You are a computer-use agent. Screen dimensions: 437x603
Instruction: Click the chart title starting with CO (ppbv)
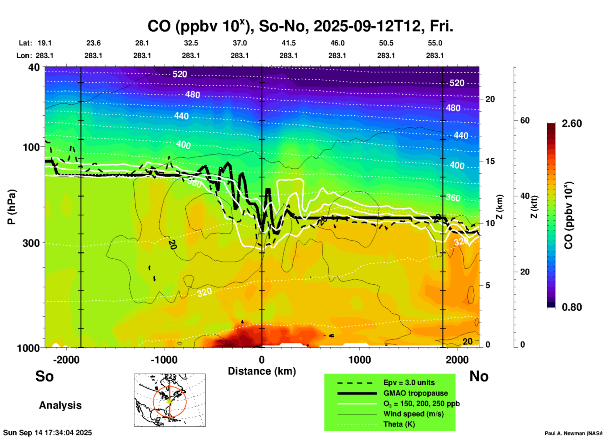[x=300, y=26]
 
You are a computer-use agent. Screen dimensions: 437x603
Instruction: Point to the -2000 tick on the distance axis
[x=66, y=360]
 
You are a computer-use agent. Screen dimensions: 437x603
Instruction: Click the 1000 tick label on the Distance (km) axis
[x=359, y=360]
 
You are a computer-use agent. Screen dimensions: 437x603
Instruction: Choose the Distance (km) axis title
[x=262, y=371]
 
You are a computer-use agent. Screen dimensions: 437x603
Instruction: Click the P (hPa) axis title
[x=12, y=207]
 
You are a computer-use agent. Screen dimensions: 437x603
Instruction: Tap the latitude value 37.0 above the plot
[x=240, y=43]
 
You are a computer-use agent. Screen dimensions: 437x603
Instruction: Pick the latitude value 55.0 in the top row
[x=435, y=43]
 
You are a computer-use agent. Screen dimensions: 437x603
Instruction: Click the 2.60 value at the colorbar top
[x=572, y=124]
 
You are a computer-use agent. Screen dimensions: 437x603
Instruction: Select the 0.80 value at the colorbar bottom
[x=572, y=307]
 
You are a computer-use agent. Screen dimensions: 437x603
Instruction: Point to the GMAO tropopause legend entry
[x=415, y=393]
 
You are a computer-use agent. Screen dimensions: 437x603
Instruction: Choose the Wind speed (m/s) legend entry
[x=413, y=414]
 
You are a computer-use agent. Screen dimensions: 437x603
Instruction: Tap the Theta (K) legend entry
[x=399, y=424]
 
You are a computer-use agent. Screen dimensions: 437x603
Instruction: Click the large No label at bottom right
[x=479, y=376]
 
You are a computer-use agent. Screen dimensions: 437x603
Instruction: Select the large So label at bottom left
[x=44, y=376]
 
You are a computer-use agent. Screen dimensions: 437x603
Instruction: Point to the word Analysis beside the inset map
[x=60, y=405]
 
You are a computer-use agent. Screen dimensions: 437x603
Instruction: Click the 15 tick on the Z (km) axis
[x=490, y=161]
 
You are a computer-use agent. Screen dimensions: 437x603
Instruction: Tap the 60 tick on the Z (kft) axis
[x=525, y=121]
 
